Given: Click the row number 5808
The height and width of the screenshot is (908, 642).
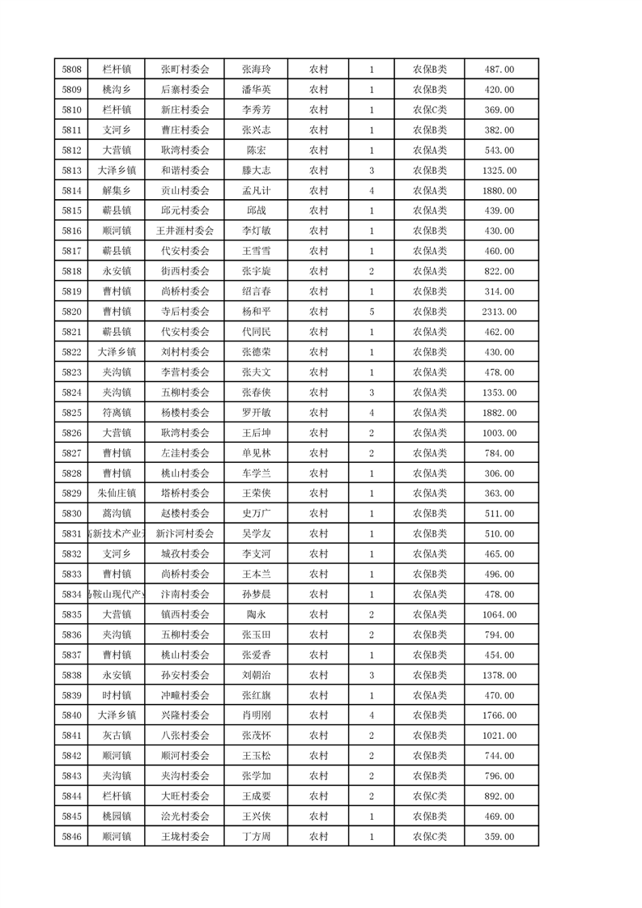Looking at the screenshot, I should pyautogui.click(x=71, y=70).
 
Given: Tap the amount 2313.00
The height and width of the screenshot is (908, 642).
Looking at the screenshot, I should pyautogui.click(x=499, y=312).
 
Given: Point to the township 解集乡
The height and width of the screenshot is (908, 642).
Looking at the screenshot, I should pyautogui.click(x=117, y=191).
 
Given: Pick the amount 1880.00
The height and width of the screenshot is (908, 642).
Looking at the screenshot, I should pyautogui.click(x=499, y=191).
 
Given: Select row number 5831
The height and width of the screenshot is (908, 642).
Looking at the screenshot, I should pyautogui.click(x=71, y=534).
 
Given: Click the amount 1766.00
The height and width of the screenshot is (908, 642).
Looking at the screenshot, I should pyautogui.click(x=499, y=715).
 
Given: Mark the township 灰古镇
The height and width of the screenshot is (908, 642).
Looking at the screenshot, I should pyautogui.click(x=117, y=736).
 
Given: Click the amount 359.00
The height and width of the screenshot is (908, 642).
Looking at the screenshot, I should pyautogui.click(x=499, y=837).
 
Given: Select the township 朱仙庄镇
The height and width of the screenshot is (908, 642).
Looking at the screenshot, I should pyautogui.click(x=117, y=494).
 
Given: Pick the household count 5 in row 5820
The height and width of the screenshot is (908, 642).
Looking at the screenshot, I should pyautogui.click(x=371, y=312).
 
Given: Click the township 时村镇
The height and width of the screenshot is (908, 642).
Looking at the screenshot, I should pyautogui.click(x=117, y=695).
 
